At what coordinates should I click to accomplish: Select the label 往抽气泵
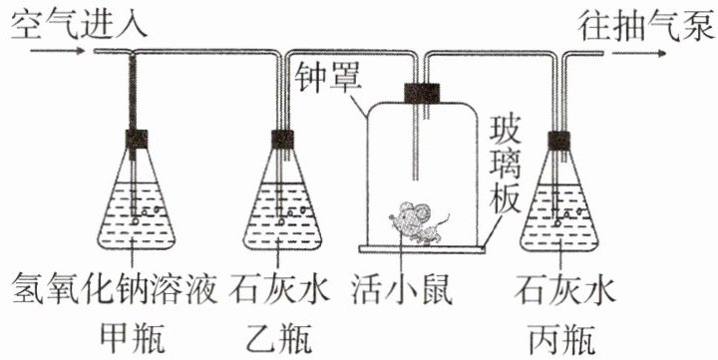[x=646, y=25]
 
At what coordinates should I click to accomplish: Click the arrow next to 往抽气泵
[x=639, y=54]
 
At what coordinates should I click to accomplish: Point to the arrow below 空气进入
[x=57, y=50]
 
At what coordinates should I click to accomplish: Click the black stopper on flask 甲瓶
[x=137, y=140]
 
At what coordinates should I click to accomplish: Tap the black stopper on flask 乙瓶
[x=282, y=140]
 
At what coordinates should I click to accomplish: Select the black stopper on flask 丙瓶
[x=559, y=141]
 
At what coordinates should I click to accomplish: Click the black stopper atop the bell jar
[x=422, y=93]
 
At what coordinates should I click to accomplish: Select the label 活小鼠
[x=402, y=289]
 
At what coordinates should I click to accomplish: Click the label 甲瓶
[x=133, y=338]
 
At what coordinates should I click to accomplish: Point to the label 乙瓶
[x=280, y=338]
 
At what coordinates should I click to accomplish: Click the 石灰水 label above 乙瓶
[x=279, y=288]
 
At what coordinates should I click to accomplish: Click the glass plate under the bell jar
[x=422, y=248]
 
